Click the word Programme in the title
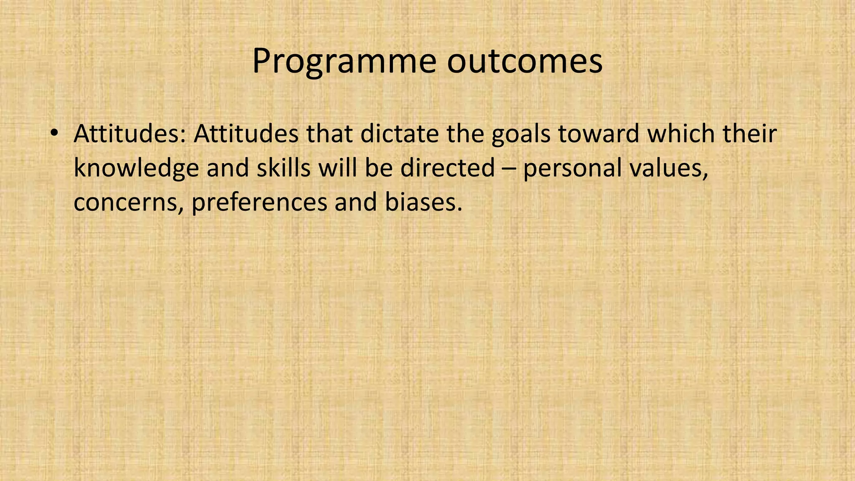344,62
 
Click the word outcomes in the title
525,62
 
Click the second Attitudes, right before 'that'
246,134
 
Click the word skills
283,167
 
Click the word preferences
259,203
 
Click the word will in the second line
338,167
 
